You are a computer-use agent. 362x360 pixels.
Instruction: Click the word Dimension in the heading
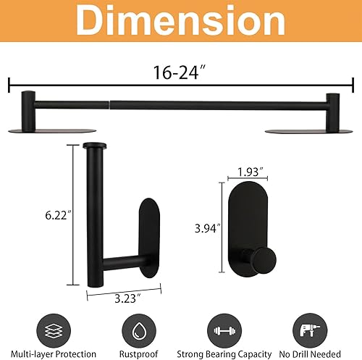click(181, 23)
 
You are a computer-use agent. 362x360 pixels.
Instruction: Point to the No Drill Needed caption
click(313, 353)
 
